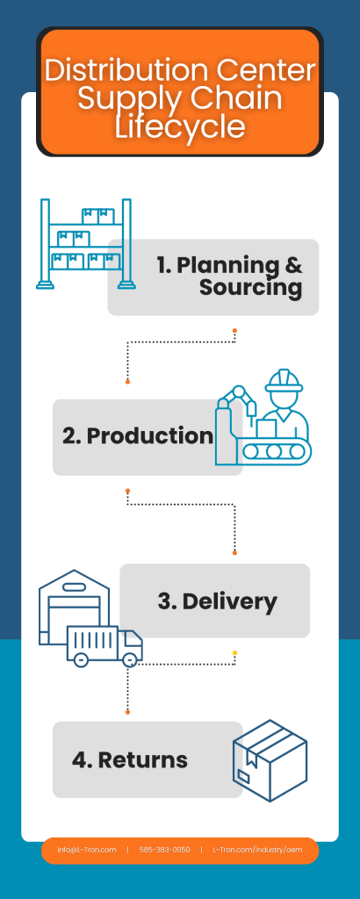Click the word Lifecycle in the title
[179, 127]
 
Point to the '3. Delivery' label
[217, 601]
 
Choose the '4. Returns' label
[130, 759]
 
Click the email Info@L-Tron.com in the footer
[87, 850]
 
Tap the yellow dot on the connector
[234, 652]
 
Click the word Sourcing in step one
[250, 287]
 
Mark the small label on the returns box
[244, 776]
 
